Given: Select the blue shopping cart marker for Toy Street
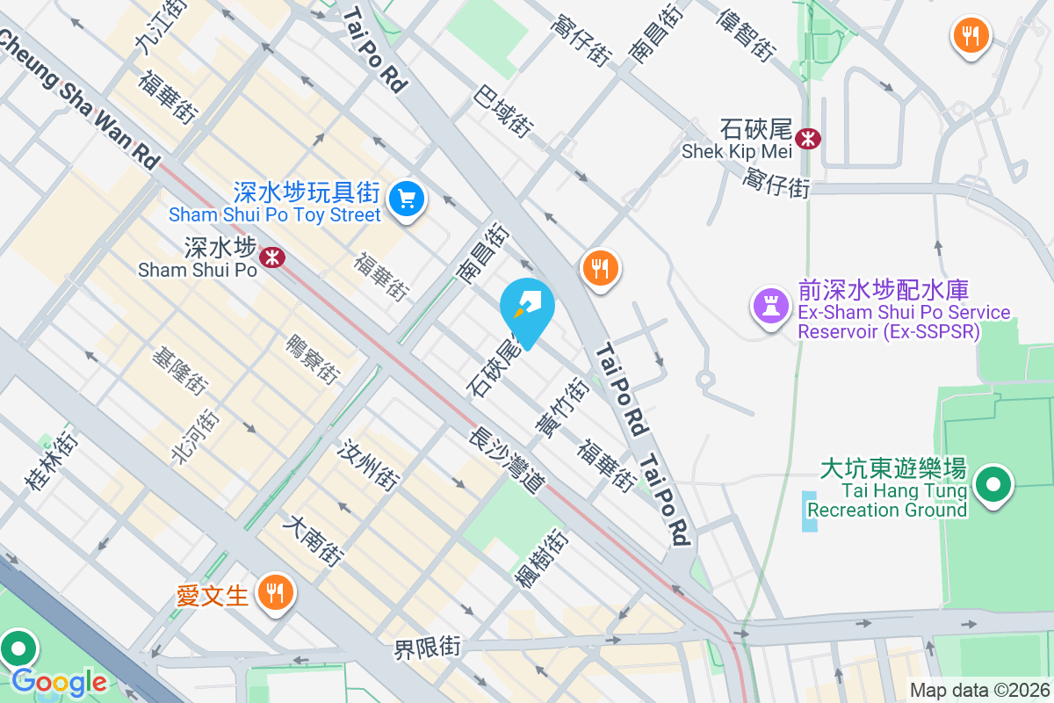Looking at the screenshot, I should click(x=406, y=198).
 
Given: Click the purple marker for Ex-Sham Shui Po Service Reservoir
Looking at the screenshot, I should click(x=769, y=307).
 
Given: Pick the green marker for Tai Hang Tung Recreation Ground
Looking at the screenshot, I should click(x=993, y=484).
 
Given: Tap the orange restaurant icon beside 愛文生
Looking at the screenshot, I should click(x=276, y=593).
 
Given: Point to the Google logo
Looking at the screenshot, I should click(x=59, y=681).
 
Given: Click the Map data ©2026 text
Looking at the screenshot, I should click(x=978, y=691).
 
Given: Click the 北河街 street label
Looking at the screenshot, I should click(x=196, y=435).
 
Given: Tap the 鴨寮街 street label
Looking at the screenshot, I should click(x=313, y=359).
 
